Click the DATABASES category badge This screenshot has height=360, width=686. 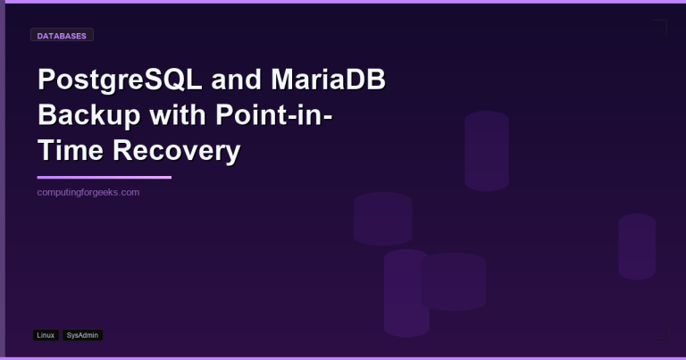(x=62, y=36)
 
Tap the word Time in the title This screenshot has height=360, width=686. (x=68, y=151)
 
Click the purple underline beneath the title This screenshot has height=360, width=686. (x=104, y=178)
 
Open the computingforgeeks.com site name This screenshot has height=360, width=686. (x=88, y=193)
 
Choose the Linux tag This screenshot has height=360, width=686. (x=46, y=335)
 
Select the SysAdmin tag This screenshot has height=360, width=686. (x=83, y=335)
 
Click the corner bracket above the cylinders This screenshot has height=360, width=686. (x=661, y=26)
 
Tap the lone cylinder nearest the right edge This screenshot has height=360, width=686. (x=637, y=247)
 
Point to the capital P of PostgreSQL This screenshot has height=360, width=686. (x=46, y=82)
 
